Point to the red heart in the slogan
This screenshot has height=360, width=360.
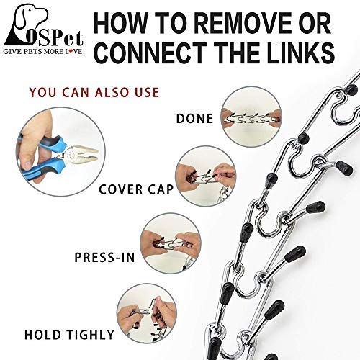click(71, 51)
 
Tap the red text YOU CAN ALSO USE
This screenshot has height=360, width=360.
click(94, 92)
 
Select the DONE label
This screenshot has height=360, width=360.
click(194, 119)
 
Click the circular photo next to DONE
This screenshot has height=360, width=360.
click(251, 117)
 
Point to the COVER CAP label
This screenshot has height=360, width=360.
click(136, 189)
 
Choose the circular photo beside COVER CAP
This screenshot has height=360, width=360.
click(205, 176)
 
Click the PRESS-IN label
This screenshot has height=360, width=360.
click(104, 258)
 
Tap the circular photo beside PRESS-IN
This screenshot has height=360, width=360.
click(171, 244)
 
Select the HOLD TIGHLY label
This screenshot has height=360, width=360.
click(69, 335)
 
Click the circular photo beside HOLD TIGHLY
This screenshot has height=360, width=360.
click(147, 314)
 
